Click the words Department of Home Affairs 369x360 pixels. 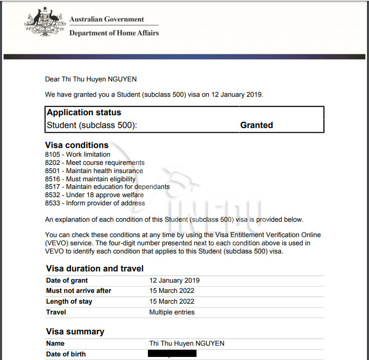tap(114, 33)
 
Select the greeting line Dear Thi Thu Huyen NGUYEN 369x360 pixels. tap(91, 79)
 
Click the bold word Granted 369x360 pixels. tap(256, 125)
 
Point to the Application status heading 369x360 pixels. tap(84, 113)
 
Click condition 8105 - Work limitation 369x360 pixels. tap(77, 155)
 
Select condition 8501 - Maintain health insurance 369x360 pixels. tap(94, 171)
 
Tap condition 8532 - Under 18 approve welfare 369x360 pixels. tap(94, 195)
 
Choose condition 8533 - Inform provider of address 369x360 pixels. tap(95, 203)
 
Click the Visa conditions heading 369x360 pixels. tap(77, 145)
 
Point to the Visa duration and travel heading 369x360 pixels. tap(95, 269)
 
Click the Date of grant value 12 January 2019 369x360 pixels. tap(174, 281)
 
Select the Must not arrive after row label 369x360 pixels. tap(78, 291)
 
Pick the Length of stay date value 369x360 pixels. tap(171, 302)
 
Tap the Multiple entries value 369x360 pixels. tap(171, 312)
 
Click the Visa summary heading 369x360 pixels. tap(75, 332)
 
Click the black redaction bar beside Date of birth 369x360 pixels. tap(172, 354)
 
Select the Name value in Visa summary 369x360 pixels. tap(186, 344)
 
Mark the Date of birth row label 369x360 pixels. tap(66, 354)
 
